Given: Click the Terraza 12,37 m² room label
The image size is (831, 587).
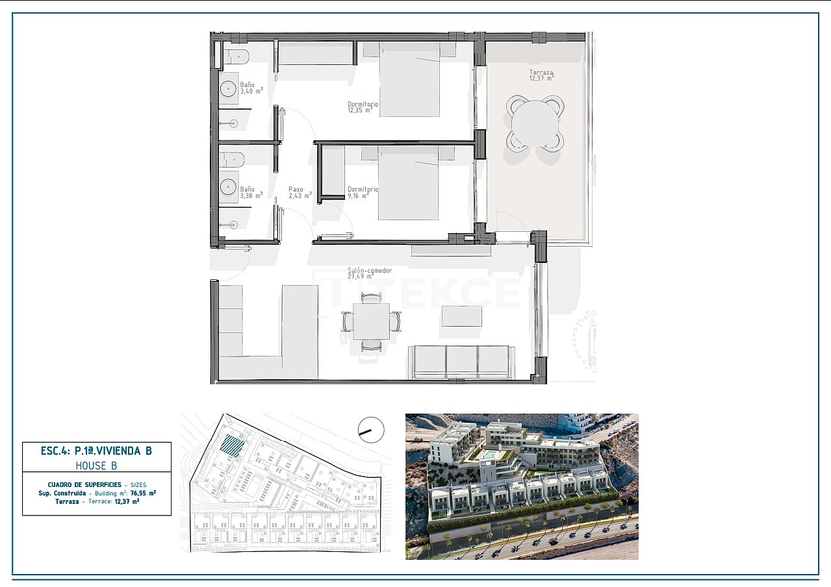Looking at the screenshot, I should (x=541, y=75).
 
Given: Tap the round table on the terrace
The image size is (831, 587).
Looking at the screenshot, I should (x=535, y=124).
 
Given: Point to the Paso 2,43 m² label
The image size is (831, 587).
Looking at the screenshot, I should (x=300, y=192).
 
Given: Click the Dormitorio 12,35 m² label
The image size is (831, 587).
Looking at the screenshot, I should (x=363, y=107).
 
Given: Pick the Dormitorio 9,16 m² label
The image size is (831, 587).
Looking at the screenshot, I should (x=363, y=192).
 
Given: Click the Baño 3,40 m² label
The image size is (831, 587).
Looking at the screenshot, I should (x=251, y=88).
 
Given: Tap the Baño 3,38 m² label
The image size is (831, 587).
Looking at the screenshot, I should (x=251, y=192).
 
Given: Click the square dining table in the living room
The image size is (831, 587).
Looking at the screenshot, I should (x=372, y=321).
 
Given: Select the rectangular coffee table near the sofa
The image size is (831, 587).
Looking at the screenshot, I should (x=462, y=316).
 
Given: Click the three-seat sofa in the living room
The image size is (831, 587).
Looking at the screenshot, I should (x=462, y=362).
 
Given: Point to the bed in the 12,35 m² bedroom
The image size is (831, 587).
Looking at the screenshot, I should (x=409, y=79).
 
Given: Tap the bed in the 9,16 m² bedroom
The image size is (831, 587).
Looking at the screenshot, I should (x=409, y=183).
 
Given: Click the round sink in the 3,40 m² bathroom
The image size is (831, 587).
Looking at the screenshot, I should (x=229, y=88).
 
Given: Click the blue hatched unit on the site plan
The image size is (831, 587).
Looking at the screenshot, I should (x=233, y=446).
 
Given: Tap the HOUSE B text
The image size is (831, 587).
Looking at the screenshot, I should (x=97, y=466).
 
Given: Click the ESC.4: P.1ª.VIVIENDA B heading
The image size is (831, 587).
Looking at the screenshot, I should (x=97, y=450).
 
